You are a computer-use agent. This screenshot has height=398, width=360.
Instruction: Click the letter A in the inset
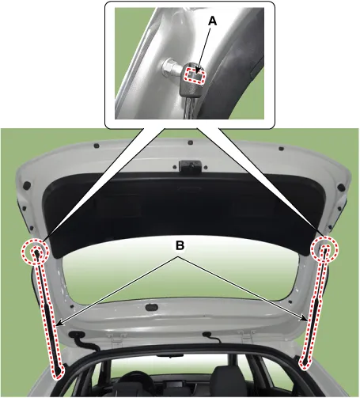pyautogui.click(x=212, y=21)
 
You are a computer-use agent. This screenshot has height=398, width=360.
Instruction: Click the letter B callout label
pyautogui.click(x=180, y=245)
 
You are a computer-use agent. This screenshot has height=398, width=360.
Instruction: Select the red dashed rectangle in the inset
pyautogui.click(x=195, y=75)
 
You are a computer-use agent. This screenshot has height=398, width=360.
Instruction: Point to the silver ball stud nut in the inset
pyautogui.click(x=169, y=67)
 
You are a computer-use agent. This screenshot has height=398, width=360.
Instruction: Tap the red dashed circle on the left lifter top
pyautogui.click(x=35, y=251)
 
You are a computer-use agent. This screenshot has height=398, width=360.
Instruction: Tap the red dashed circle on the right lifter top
pyautogui.click(x=324, y=249)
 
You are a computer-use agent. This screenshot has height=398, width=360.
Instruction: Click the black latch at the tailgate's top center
pyautogui.click(x=190, y=166)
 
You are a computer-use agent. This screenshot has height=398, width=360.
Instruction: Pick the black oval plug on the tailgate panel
pyautogui.click(x=152, y=307)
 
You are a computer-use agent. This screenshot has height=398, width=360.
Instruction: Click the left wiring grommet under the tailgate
pyautogui.click(x=77, y=335)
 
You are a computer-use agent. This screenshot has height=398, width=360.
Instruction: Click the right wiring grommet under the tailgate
pyautogui.click(x=207, y=335)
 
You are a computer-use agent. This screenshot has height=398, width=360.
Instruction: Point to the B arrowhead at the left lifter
pyautogui.click(x=59, y=324)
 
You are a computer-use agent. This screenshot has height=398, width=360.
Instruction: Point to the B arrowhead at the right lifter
pyautogui.click(x=305, y=319)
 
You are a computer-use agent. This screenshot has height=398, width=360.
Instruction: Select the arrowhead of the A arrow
pyautogui.click(x=197, y=70)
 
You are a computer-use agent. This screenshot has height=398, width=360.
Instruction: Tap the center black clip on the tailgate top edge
pyautogui.click(x=190, y=142)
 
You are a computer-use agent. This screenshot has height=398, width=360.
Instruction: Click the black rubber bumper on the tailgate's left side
pyautogui.click(x=27, y=185)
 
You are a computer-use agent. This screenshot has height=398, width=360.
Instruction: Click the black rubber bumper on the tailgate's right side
pyautogui.click(x=341, y=188)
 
